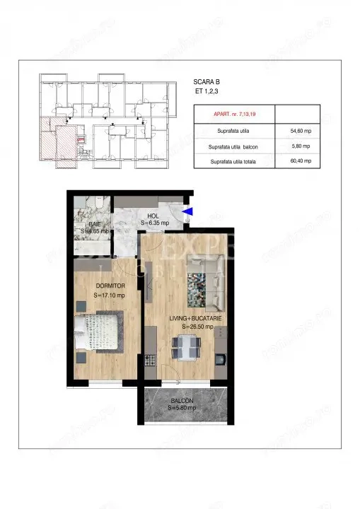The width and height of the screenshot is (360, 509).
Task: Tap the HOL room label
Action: point(153,216)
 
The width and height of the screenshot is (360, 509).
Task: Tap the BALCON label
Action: point(182,401)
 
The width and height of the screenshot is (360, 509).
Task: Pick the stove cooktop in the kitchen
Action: point(150,360)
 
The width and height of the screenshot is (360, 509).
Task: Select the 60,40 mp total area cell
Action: point(292,162)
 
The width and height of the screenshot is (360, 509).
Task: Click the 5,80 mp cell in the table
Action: point(292,147)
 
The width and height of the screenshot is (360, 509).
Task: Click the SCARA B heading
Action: point(206,81)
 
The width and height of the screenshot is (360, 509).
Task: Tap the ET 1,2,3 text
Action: point(205,91)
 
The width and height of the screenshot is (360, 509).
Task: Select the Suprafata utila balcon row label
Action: point(233,147)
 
